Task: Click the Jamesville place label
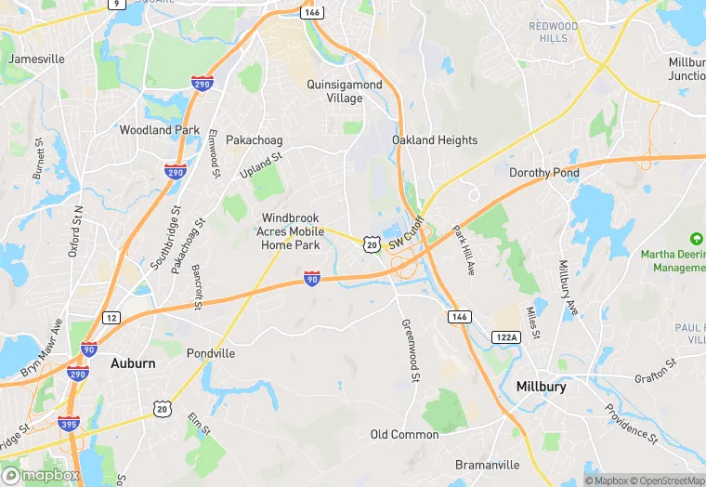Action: pos(36,59)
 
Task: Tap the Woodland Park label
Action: pos(160,130)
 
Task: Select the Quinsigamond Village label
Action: pos(345,91)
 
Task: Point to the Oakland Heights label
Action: pos(435,140)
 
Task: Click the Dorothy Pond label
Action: pos(544,173)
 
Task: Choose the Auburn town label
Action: pos(133,362)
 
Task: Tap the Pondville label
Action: pos(211,353)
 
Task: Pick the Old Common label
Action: pos(404,434)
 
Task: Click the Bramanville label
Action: pos(489,465)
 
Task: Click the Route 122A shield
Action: pos(506,337)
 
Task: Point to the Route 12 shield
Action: pos(111,318)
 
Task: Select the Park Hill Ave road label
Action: pos(464,249)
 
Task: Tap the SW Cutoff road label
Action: pos(406,231)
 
